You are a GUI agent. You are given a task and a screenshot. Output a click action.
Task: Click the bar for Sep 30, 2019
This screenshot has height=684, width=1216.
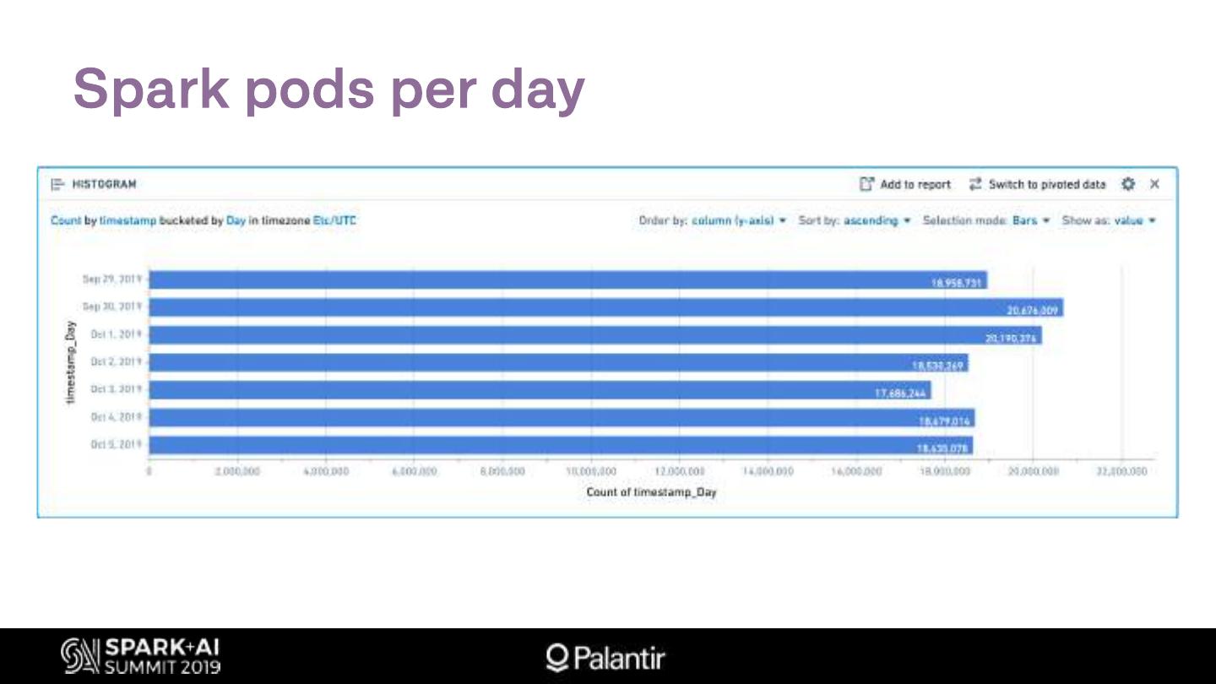[x=591, y=307]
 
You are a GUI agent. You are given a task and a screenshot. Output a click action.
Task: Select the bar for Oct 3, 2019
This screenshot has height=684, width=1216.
[x=540, y=390]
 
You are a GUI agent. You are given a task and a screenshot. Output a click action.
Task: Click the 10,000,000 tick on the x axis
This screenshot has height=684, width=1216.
[x=591, y=471]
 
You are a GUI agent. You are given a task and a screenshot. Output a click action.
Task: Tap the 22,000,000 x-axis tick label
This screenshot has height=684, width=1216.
[x=1121, y=471]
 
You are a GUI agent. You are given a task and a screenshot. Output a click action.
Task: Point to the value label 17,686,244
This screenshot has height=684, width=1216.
[x=900, y=394]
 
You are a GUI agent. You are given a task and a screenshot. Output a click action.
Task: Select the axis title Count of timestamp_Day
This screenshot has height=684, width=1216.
[x=651, y=491]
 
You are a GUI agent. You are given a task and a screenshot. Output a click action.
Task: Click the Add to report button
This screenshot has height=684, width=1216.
[x=905, y=184]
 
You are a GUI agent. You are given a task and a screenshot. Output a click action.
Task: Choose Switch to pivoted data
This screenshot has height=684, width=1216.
[x=1037, y=184]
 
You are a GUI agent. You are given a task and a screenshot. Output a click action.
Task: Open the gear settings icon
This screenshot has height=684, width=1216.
[x=1128, y=184]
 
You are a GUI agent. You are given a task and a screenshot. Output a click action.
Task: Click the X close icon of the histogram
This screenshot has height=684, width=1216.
[x=1154, y=184]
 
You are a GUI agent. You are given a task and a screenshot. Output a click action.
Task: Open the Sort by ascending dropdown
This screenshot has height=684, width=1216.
[x=855, y=220]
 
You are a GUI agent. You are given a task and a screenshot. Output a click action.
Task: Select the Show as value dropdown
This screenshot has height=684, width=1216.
[x=1109, y=220]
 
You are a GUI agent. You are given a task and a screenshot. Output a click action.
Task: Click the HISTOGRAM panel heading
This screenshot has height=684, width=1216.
[x=103, y=184]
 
